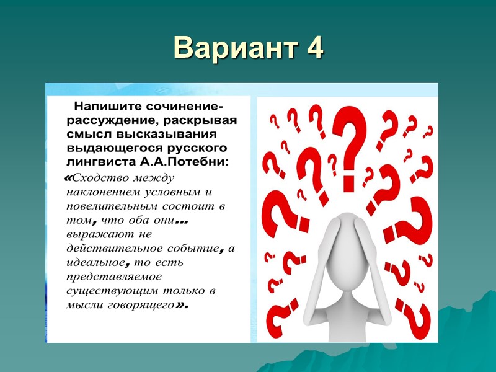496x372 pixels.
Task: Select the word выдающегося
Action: click(x=106, y=148)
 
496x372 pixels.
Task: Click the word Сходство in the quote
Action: click(x=100, y=179)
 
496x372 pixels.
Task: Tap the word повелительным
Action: click(x=105, y=205)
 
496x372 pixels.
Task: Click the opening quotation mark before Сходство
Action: click(x=68, y=179)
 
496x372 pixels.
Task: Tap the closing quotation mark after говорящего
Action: click(x=181, y=305)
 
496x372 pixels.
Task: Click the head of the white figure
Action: click(x=342, y=231)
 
